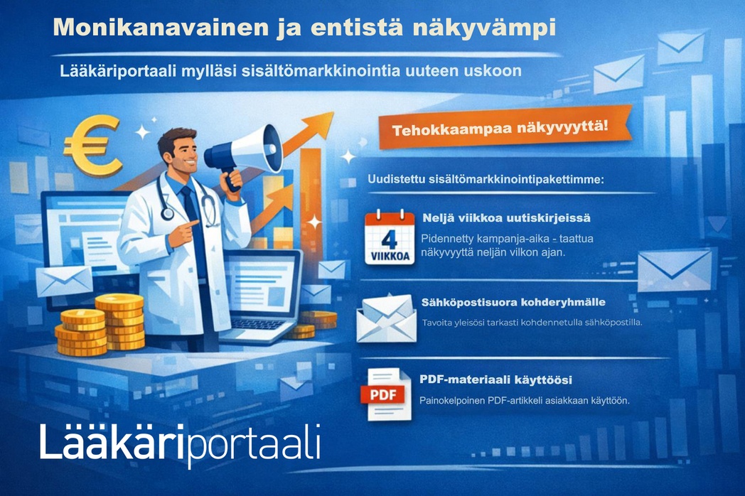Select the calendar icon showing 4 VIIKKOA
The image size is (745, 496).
tap(389, 237)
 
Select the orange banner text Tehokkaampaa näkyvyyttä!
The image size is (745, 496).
tap(500, 129)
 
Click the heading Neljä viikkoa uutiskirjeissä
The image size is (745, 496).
tap(506, 218)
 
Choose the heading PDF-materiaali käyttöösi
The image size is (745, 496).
tap(495, 379)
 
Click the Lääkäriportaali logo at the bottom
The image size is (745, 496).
tap(180, 443)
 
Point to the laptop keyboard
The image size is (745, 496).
tap(257, 323)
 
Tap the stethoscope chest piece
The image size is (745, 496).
tap(167, 213)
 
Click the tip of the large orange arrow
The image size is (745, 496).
tap(333, 113)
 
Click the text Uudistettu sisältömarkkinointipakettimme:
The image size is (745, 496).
tap(486, 180)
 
